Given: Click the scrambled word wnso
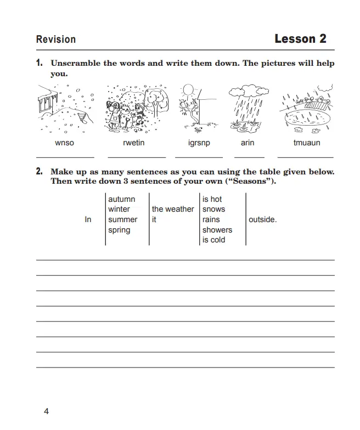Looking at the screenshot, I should point(64,143).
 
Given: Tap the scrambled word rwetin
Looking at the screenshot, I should point(133,143).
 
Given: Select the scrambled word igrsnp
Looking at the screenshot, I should point(199,143).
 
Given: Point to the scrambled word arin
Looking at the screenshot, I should point(247,143).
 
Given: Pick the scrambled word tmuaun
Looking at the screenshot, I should point(307,143).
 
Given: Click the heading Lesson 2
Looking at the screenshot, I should point(300,39).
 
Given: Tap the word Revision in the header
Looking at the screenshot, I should point(56,39).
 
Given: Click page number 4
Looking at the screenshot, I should point(46,411).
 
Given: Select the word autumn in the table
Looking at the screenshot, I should point(121,199).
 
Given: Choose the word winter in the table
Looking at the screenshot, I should point(119,209).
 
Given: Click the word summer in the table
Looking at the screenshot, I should point(123,219).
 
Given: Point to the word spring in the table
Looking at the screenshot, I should point(119,230).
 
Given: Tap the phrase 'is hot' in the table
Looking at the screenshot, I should point(212,199).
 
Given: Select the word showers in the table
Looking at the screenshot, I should point(217,230).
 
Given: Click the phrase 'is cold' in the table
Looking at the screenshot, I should point(214,240).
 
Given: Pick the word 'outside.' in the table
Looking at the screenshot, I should point(263,219).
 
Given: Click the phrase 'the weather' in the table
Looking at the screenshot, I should point(173,209).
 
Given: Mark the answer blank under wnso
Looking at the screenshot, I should point(65,156).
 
